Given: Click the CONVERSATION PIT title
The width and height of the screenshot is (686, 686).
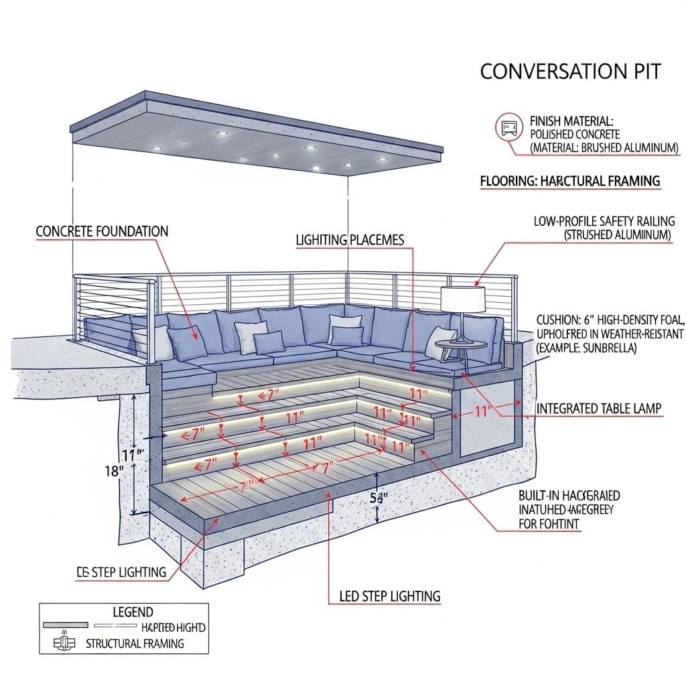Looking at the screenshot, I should pyautogui.click(x=571, y=72).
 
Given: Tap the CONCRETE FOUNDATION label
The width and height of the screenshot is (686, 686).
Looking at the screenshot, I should pyautogui.click(x=102, y=232).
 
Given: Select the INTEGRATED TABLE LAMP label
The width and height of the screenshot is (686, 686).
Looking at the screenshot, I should pyautogui.click(x=600, y=408).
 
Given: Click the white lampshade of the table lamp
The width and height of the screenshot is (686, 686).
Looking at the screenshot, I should pyautogui.click(x=462, y=299).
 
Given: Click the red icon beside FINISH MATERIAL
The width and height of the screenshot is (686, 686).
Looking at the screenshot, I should pyautogui.click(x=507, y=127).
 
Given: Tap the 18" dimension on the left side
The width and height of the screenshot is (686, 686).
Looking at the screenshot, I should pyautogui.click(x=115, y=471).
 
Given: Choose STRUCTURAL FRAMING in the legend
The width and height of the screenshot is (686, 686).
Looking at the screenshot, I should pyautogui.click(x=135, y=644).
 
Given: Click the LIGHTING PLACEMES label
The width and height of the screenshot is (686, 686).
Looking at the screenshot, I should pyautogui.click(x=350, y=240).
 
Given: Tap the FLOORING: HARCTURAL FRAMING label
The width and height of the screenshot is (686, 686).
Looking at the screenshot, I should pyautogui.click(x=570, y=181).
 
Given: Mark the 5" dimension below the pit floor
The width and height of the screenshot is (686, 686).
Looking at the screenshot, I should pyautogui.click(x=379, y=498).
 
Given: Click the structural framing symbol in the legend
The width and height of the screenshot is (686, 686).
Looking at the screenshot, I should pyautogui.click(x=64, y=642).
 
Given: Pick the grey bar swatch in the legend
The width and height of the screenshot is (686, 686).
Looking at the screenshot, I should pyautogui.click(x=65, y=625).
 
